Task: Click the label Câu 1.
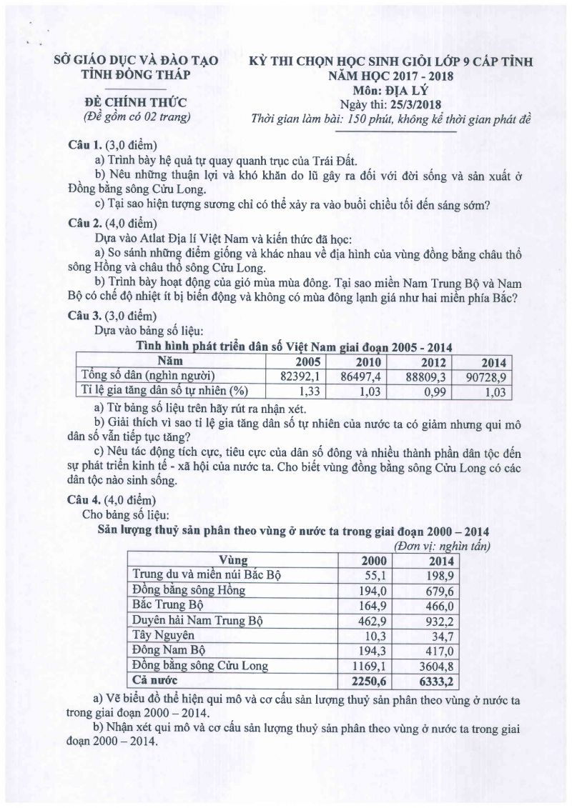click(83, 144)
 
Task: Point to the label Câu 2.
click(83, 221)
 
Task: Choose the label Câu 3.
click(83, 315)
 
